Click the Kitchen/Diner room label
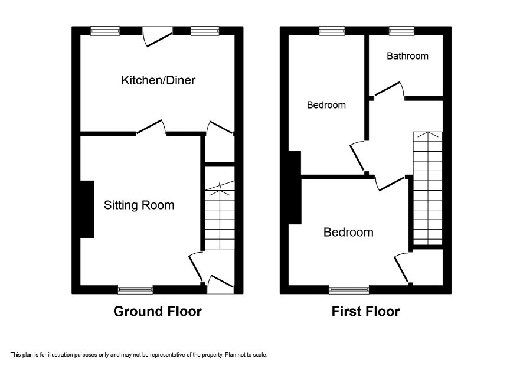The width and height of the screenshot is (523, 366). (158, 80)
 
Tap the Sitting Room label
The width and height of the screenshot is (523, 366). (139, 205)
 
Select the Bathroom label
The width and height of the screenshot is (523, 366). (407, 55)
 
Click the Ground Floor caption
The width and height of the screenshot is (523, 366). (158, 311)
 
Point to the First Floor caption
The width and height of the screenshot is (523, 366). (365, 311)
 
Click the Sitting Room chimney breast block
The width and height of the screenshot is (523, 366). (87, 210)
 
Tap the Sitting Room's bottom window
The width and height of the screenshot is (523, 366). (135, 289)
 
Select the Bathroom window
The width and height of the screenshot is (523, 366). (401, 31)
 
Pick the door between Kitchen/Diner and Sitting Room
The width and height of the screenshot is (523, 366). (151, 127)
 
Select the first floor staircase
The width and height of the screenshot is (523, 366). (427, 188)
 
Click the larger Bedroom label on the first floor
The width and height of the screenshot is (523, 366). (348, 232)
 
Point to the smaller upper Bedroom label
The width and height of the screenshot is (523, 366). (326, 105)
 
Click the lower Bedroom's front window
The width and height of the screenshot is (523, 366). (349, 289)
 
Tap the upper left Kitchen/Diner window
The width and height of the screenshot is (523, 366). (105, 31)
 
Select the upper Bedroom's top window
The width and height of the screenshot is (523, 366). (332, 31)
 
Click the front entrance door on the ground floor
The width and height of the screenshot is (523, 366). (220, 285)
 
